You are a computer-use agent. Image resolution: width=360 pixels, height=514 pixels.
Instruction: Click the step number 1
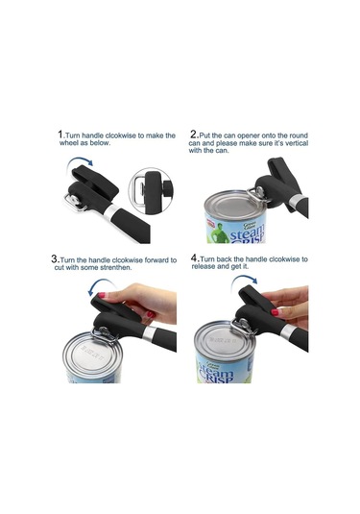click(60, 135)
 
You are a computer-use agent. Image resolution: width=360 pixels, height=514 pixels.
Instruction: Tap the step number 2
click(194, 135)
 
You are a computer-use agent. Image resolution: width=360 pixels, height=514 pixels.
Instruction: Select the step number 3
click(55, 258)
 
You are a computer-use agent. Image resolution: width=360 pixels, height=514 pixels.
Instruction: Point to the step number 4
click(195, 257)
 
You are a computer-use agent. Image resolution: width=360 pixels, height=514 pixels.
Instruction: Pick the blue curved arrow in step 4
click(244, 278)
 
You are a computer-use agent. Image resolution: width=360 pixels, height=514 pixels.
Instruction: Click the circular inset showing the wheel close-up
click(152, 191)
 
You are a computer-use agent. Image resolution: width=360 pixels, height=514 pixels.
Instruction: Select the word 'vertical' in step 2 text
click(296, 143)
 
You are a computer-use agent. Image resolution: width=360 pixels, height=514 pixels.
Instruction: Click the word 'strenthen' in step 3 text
click(118, 267)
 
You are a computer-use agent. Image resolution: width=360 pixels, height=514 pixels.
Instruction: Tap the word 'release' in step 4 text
click(204, 266)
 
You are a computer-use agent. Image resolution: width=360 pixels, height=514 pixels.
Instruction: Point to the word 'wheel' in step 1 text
click(68, 143)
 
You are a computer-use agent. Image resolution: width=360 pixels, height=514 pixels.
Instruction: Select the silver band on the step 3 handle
click(149, 333)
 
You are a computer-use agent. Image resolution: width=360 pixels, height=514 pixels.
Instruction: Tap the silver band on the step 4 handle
click(287, 331)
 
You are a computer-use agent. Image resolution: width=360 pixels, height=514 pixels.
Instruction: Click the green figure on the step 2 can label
click(219, 233)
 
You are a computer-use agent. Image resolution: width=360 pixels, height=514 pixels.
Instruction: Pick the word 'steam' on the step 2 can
click(247, 233)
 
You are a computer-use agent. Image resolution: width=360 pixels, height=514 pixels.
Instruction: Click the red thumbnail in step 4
click(275, 312)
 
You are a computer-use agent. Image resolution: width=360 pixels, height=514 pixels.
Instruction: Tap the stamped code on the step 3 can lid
click(93, 351)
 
